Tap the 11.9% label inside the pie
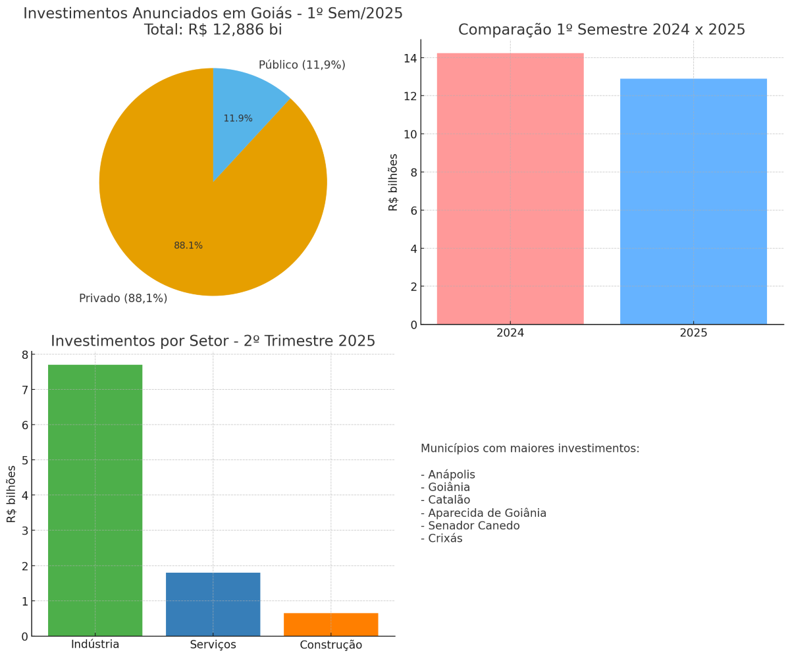[x=238, y=118]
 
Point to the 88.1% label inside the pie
[x=188, y=246]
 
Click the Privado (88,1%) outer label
[x=123, y=298]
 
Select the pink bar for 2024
[x=510, y=191]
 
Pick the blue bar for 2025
[x=693, y=204]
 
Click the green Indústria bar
[x=95, y=500]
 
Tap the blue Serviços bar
[x=213, y=604]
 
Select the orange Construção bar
[x=330, y=625]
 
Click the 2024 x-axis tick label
[x=510, y=333]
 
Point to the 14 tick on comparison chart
[x=409, y=59]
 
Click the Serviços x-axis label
[x=213, y=644]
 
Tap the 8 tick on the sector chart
[x=25, y=355]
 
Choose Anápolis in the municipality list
[x=451, y=475]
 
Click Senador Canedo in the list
[x=473, y=526]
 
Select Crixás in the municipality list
[x=444, y=539]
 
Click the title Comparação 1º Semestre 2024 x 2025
[x=602, y=30]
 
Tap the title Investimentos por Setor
[x=213, y=341]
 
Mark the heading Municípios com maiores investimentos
[x=530, y=448]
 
